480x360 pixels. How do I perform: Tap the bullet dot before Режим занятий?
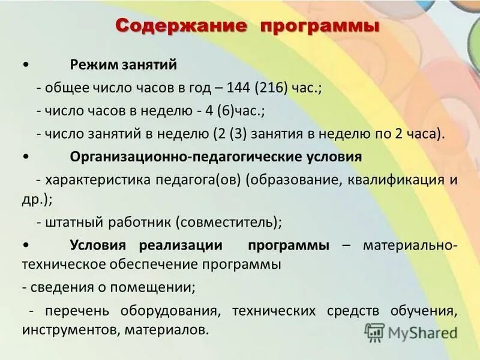pos(25,64)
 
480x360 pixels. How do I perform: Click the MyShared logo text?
pos(422,332)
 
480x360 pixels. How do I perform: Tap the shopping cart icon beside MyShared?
pos(375,332)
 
